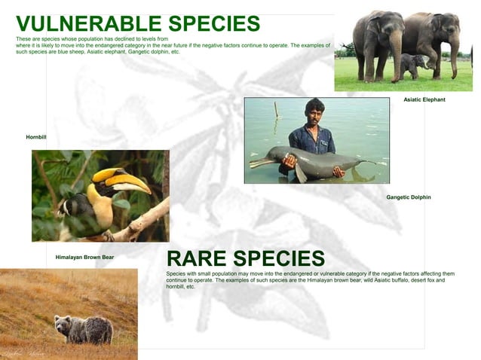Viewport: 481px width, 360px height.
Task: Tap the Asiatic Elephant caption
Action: [x=424, y=99]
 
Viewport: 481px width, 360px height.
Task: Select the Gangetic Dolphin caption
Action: [x=409, y=197]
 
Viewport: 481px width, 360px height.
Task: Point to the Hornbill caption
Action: [x=36, y=137]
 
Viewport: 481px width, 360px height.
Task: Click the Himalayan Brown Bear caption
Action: [x=84, y=258]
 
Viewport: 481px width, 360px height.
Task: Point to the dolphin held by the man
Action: [x=317, y=161]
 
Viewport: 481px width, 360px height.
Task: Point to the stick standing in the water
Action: [x=276, y=110]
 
